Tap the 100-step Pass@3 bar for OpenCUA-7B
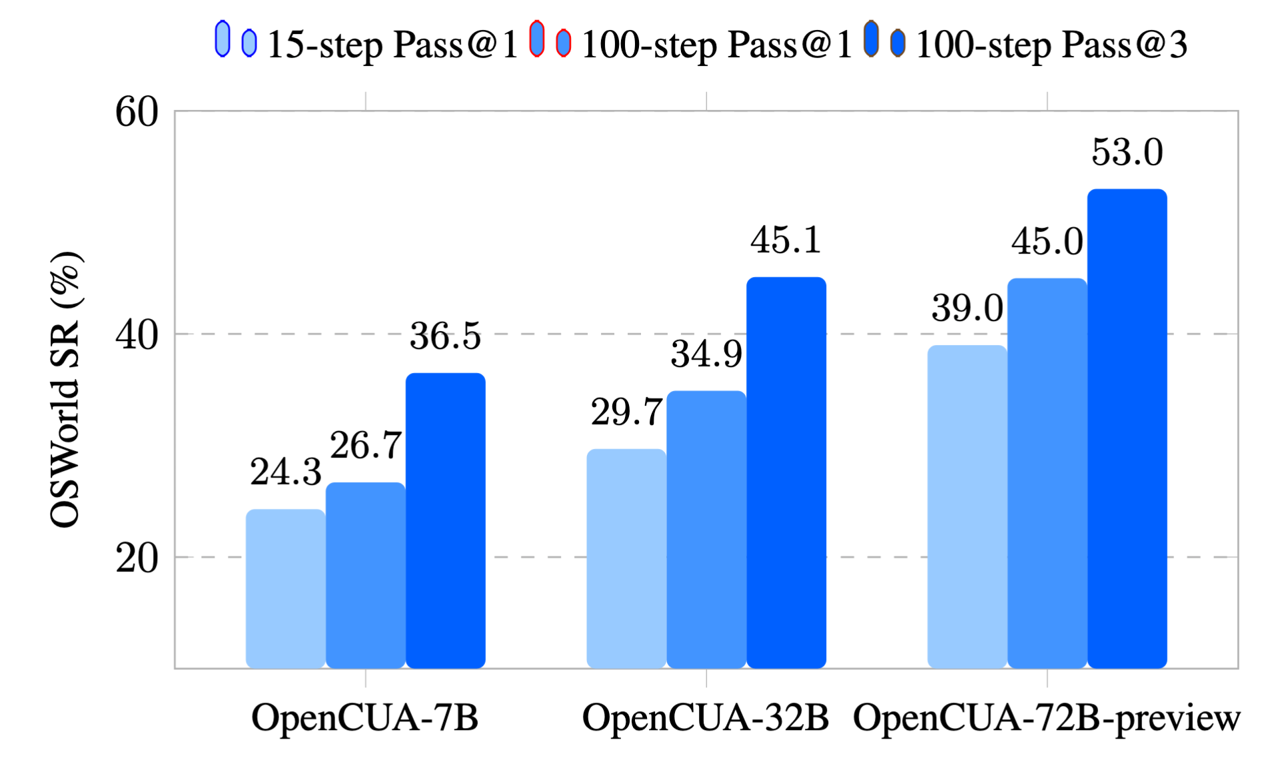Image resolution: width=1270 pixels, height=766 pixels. click(445, 520)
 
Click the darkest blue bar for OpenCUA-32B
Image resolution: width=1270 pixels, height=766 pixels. click(786, 472)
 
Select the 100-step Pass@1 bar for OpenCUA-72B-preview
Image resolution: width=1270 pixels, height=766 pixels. click(1046, 473)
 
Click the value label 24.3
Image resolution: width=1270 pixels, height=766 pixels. click(286, 472)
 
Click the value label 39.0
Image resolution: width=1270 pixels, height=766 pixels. click(967, 308)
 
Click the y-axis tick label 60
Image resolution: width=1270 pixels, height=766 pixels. click(137, 111)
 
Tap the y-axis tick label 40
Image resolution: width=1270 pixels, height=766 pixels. click(137, 334)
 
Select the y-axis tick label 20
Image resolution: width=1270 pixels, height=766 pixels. click(137, 558)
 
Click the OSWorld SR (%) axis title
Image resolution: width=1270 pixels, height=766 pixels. click(65, 390)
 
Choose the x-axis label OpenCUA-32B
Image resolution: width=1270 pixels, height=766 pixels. click(705, 718)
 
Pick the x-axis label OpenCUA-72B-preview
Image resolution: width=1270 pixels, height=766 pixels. click(1046, 718)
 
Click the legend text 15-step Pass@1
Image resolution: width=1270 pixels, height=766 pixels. click(392, 45)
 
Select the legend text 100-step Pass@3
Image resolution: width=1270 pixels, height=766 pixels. click(1051, 45)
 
